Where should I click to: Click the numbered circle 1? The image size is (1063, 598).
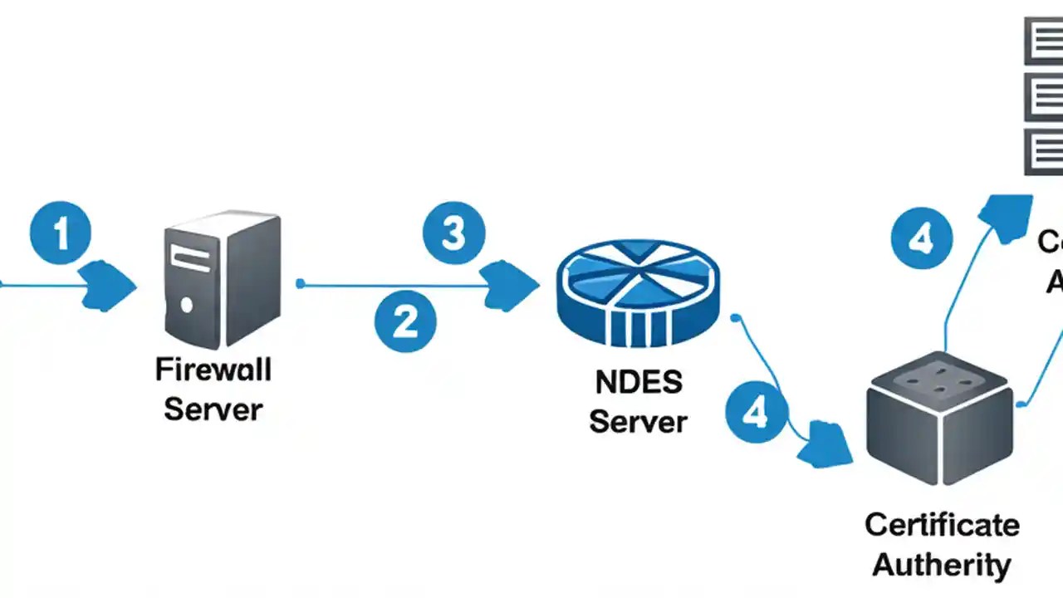[61, 233]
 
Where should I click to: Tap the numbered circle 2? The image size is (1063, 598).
[404, 321]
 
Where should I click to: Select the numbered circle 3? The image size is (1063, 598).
[453, 233]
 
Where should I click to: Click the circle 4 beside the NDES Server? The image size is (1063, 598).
[756, 413]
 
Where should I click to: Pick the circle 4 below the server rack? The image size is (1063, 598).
[922, 240]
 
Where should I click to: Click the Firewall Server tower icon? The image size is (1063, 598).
[223, 279]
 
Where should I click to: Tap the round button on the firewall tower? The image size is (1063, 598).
[186, 306]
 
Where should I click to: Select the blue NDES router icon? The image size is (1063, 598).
[638, 292]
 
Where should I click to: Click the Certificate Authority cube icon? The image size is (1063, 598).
[940, 429]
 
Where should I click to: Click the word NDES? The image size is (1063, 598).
[639, 383]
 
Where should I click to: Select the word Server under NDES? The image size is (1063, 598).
[638, 421]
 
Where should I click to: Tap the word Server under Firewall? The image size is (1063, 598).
[213, 409]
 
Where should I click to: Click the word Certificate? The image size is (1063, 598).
[942, 525]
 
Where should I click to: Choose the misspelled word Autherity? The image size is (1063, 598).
[942, 565]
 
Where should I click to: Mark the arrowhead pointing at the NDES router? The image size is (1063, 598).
[509, 286]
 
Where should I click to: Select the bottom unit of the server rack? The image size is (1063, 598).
[1043, 151]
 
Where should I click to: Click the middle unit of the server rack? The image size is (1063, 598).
[1043, 97]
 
